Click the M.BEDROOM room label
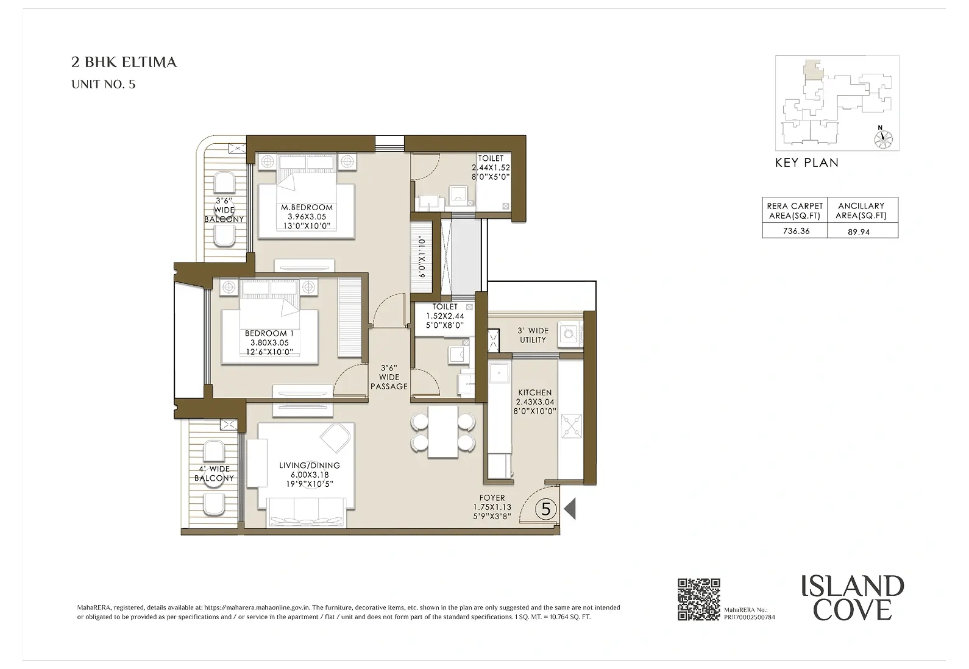click(x=307, y=208)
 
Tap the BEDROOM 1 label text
click(x=269, y=334)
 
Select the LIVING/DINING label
click(x=310, y=465)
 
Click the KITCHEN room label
click(x=534, y=393)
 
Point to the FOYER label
click(x=492, y=498)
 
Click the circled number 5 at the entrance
click(x=546, y=508)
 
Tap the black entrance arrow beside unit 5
click(x=570, y=509)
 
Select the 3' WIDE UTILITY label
click(x=533, y=335)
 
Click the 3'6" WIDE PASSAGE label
click(x=389, y=377)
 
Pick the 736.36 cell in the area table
click(x=795, y=231)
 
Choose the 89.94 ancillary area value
click(x=859, y=232)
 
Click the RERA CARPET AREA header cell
click(x=795, y=211)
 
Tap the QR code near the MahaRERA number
click(x=699, y=600)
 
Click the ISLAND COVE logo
click(x=853, y=598)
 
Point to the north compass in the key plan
click(x=881, y=138)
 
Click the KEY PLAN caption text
click(x=806, y=163)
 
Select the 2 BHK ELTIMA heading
click(x=124, y=62)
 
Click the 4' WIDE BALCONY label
click(x=214, y=473)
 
